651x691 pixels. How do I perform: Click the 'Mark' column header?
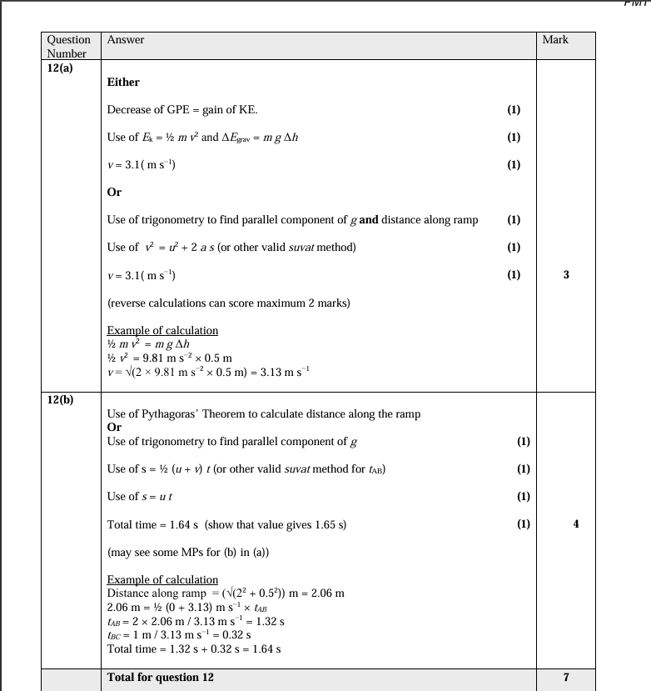[554, 40]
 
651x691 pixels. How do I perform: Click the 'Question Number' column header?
[68, 46]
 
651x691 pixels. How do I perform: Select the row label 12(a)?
[59, 68]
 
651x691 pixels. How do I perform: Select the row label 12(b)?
[59, 399]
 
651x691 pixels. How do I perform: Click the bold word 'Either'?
[123, 82]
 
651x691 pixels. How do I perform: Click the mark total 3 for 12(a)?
[566, 274]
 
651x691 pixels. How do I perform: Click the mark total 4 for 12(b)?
[566, 523]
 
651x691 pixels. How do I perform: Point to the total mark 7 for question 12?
[566, 677]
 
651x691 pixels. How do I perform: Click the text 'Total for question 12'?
[160, 677]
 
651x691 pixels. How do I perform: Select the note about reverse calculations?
[228, 303]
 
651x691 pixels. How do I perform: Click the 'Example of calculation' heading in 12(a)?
[162, 330]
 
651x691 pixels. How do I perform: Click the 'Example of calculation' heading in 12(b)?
[162, 579]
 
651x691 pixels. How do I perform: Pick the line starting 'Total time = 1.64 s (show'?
[226, 523]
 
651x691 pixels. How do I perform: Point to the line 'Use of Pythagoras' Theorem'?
[263, 413]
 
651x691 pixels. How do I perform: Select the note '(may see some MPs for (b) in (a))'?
[188, 552]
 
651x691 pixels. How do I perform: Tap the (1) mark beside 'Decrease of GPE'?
[514, 109]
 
